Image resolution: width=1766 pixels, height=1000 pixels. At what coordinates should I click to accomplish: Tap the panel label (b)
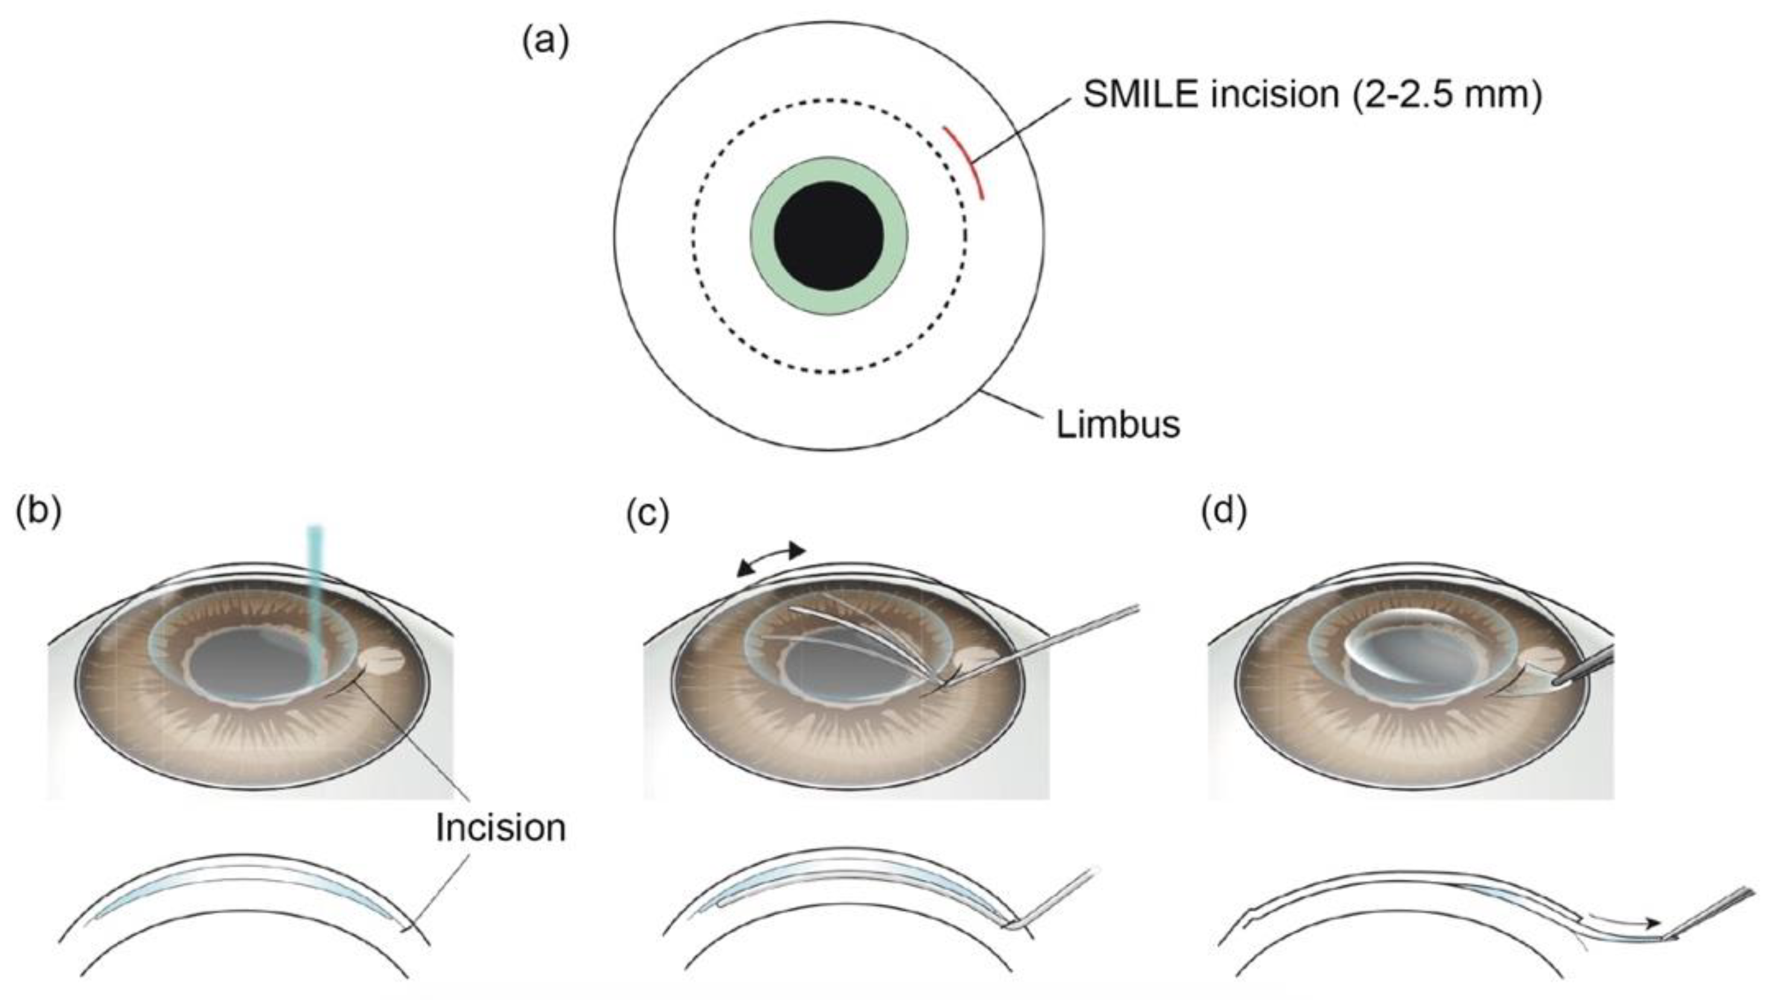(x=39, y=512)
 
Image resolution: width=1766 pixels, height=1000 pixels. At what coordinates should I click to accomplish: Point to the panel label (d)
(x=1224, y=512)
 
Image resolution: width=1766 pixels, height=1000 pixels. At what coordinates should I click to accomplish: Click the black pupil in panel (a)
(x=828, y=236)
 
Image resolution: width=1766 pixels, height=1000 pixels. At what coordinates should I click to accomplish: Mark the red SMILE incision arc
(x=966, y=162)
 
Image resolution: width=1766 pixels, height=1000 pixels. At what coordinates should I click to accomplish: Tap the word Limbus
(x=1118, y=424)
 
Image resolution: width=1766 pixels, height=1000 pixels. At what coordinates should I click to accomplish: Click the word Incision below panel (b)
(x=500, y=828)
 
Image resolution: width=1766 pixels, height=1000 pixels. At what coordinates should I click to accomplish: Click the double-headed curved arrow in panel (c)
(x=770, y=561)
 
